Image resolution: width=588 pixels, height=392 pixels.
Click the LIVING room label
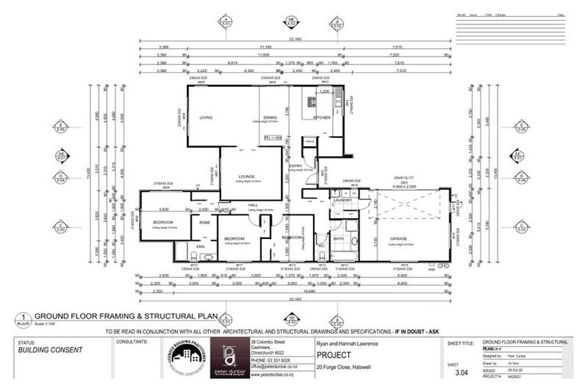point(205,117)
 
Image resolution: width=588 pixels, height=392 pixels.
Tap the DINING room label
point(269,116)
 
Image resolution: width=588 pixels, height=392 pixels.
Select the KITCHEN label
point(321,117)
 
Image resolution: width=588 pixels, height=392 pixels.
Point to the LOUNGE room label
point(246,175)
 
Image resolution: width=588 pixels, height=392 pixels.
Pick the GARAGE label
point(398,239)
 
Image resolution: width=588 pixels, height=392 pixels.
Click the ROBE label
point(205,223)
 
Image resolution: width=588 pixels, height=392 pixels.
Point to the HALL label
point(253,205)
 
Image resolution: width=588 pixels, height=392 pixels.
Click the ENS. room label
point(200,246)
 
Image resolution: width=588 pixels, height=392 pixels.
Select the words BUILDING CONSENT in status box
point(51,350)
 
